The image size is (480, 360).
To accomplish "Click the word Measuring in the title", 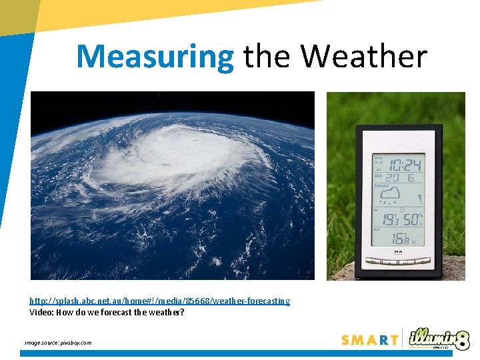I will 155,57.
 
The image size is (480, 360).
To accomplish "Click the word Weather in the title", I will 364,57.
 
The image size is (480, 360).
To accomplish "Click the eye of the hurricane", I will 195,141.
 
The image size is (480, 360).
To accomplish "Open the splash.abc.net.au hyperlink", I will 160,301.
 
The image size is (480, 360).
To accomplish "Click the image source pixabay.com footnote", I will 58,343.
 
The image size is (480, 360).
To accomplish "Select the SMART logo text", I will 369,340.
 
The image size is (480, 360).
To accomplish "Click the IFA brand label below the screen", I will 398,252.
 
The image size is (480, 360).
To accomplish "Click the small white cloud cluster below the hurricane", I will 216,261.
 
